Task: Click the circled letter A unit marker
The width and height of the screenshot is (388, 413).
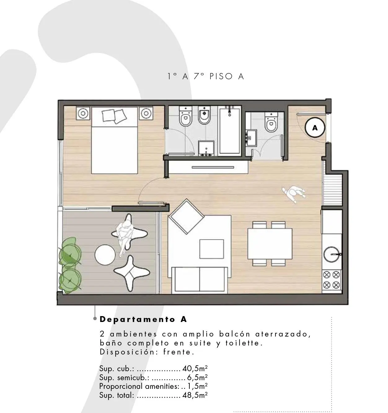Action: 315,128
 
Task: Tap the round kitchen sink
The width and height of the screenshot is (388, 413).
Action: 332,254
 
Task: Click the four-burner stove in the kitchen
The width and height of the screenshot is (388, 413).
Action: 331,280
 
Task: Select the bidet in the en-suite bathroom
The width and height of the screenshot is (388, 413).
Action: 204,115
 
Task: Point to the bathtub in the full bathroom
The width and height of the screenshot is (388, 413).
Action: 230,130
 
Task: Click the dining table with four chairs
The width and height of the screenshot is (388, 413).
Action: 270,244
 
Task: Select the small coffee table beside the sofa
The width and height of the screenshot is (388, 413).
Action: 211,249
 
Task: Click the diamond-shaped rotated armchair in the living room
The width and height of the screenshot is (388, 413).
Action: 186,216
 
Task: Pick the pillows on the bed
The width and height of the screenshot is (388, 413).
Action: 114,116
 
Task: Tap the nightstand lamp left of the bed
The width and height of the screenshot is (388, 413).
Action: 83,113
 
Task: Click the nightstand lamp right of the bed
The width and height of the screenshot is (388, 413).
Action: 146,113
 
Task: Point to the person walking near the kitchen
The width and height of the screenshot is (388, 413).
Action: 294,193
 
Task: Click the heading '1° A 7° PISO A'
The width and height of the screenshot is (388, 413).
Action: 205,76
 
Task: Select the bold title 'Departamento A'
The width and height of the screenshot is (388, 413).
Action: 143,319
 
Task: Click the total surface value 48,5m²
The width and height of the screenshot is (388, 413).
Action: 195,395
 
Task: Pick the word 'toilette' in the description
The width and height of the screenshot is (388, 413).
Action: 244,343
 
